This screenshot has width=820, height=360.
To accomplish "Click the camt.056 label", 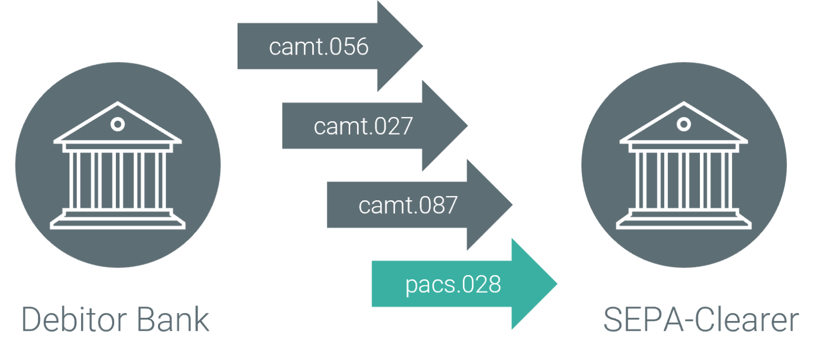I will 319,47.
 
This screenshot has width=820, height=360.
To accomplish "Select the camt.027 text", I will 363,126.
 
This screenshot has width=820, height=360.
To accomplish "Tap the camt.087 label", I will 408,205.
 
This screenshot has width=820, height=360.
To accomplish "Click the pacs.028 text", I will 453,284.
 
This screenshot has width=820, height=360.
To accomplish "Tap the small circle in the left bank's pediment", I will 117,124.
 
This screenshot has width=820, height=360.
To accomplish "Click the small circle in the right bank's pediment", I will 684,124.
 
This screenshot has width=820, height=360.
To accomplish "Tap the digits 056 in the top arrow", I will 349,47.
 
